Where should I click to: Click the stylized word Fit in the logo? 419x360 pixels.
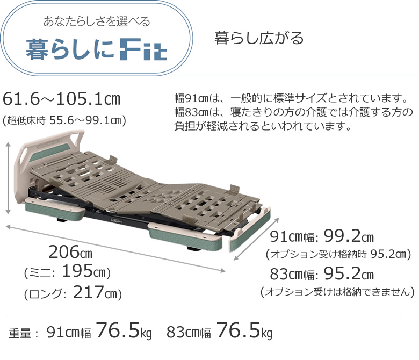tap(143, 49)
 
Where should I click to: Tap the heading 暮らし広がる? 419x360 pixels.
tap(259, 38)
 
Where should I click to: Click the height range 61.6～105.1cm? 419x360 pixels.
tap(61, 99)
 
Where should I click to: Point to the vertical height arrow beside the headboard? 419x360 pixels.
tap(8, 178)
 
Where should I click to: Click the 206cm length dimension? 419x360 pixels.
tap(70, 252)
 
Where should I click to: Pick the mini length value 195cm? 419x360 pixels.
tap(84, 271)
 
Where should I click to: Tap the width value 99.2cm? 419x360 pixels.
tap(349, 236)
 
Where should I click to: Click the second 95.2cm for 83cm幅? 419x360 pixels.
tap(349, 273)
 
